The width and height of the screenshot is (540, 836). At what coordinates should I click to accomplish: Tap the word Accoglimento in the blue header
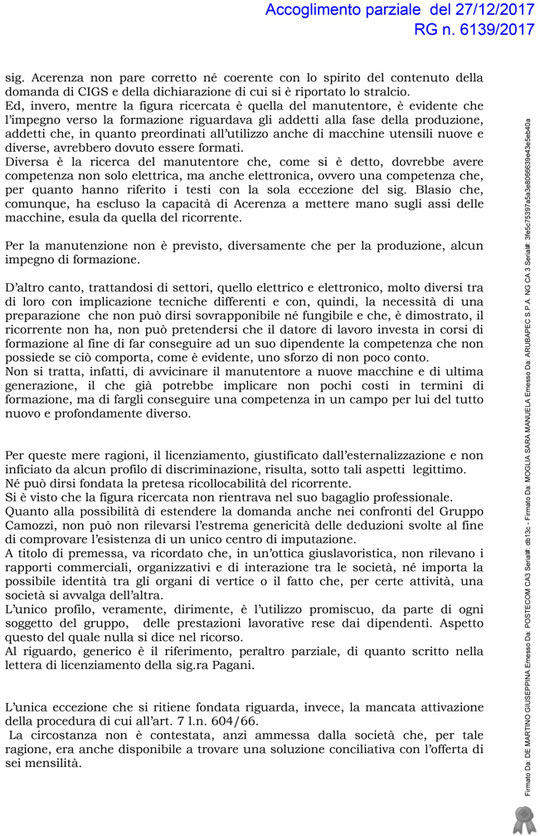click(x=321, y=11)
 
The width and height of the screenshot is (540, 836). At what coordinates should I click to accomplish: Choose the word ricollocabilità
click(x=245, y=483)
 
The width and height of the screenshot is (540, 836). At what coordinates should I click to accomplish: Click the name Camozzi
click(x=34, y=526)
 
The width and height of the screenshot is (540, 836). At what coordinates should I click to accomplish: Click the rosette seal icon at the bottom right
click(x=523, y=818)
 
